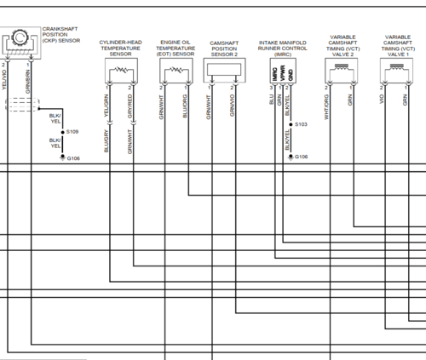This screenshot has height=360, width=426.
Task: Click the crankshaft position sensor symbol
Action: [17, 40]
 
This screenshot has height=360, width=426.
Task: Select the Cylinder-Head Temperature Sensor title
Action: [119, 47]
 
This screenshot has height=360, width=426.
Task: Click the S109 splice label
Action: [72, 132]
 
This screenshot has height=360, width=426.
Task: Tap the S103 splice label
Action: [301, 124]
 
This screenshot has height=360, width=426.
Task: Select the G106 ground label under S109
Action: [73, 158]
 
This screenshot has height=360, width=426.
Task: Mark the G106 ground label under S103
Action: [302, 157]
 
